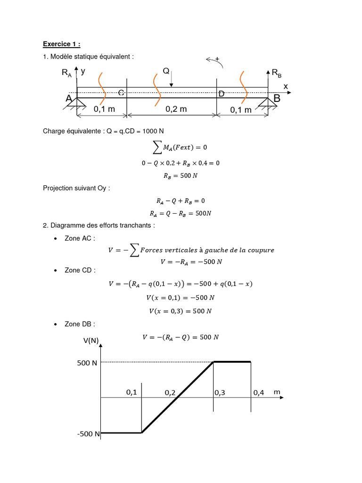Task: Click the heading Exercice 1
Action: (61, 44)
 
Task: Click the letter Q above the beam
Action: (166, 71)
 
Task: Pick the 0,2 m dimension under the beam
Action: (176, 109)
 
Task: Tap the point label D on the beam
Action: (221, 94)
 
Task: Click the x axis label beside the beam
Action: (285, 86)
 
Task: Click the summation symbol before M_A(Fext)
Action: (155, 148)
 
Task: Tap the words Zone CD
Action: (80, 270)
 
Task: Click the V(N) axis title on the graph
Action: (90, 341)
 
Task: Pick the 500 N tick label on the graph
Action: (87, 363)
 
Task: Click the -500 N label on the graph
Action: (88, 434)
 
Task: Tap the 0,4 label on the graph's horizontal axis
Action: (259, 392)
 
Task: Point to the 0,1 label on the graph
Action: (132, 392)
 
